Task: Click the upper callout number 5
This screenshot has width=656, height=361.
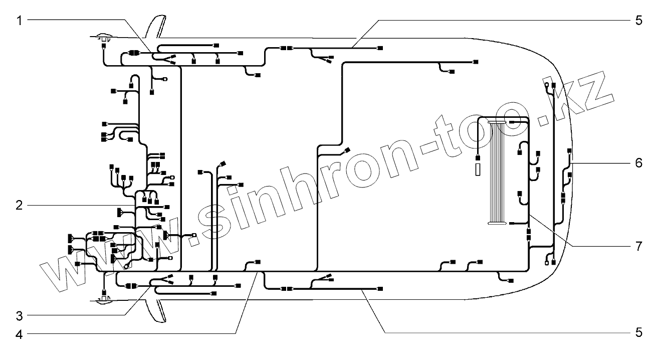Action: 638,20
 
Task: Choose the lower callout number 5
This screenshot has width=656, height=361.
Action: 638,333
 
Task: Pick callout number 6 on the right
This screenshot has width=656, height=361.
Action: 638,163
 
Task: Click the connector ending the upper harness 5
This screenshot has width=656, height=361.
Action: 380,48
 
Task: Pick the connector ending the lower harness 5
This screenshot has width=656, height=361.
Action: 380,289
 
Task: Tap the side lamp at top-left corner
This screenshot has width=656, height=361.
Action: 103,38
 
